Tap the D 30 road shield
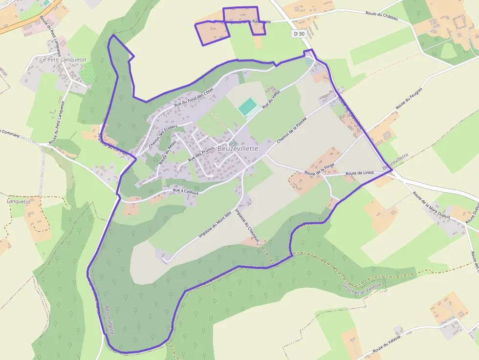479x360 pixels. (x=299, y=34)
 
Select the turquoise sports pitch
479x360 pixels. (x=248, y=106)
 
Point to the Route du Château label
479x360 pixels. (x=382, y=16)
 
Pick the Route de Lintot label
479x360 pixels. (x=359, y=173)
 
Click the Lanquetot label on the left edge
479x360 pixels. (x=19, y=201)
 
